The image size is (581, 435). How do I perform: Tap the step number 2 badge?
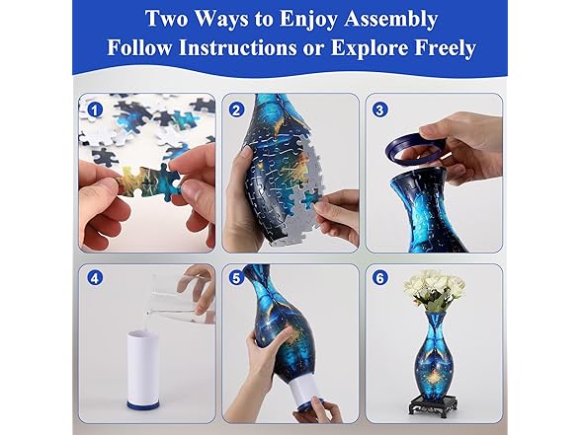click(x=236, y=109)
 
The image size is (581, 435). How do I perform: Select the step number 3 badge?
click(x=380, y=109)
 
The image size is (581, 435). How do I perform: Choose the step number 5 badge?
click(x=236, y=279)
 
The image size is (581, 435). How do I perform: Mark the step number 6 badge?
click(x=380, y=279)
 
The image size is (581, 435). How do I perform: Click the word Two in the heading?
click(x=168, y=18)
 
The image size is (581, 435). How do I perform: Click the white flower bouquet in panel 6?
click(x=434, y=288)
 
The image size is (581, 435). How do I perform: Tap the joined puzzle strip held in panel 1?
click(x=143, y=181)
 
